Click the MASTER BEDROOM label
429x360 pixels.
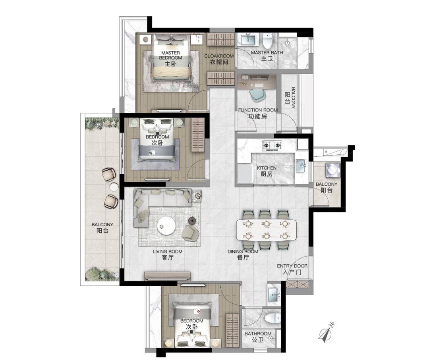click(x=170, y=58)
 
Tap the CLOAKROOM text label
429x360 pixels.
click(x=219, y=59)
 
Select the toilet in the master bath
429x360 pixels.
click(x=268, y=40)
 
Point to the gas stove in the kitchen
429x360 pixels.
click(x=272, y=146)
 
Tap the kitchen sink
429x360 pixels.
click(x=300, y=166)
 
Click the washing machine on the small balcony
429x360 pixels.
click(x=332, y=170)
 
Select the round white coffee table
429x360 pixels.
click(x=166, y=227)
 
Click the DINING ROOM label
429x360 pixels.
click(x=243, y=254)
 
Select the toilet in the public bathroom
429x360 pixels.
click(x=273, y=318)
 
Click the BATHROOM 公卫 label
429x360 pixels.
click(x=258, y=337)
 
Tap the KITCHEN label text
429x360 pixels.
click(x=267, y=171)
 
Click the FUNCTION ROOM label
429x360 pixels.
click(x=257, y=113)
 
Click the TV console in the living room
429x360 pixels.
click(x=167, y=276)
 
